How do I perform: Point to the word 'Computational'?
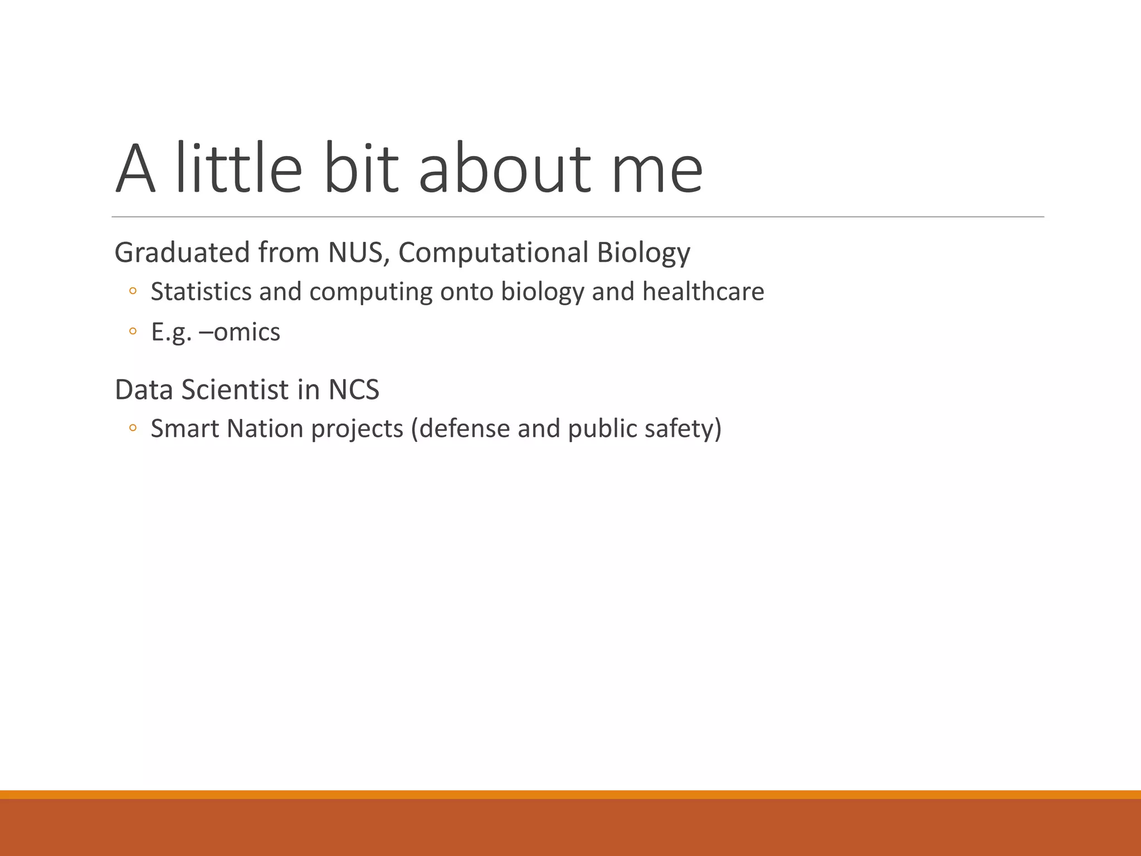tap(493, 252)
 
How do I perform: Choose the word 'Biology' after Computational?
tap(643, 252)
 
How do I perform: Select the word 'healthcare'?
tap(703, 291)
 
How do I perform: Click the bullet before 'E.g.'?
tap(133, 332)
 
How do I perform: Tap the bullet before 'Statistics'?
tap(133, 291)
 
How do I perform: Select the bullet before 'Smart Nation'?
tap(133, 428)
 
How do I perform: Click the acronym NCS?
tap(354, 390)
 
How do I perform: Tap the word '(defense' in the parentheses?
tap(461, 429)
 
